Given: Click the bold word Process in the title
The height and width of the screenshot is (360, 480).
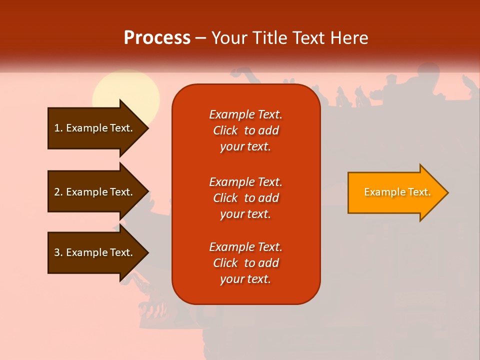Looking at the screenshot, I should (157, 38).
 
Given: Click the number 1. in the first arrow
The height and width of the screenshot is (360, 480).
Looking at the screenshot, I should (58, 128).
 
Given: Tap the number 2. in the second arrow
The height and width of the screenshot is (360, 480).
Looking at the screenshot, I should (58, 192).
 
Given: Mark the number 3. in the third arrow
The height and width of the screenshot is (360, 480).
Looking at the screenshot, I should (58, 252).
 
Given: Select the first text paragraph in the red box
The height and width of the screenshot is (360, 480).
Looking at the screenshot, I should (245, 130).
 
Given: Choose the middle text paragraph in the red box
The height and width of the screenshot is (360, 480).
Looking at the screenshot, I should (245, 198).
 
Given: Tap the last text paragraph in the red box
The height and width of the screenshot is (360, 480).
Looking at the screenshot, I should (245, 263).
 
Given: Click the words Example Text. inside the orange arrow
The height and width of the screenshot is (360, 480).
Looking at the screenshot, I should (397, 192).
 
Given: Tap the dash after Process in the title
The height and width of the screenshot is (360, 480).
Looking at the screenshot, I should (201, 38).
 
